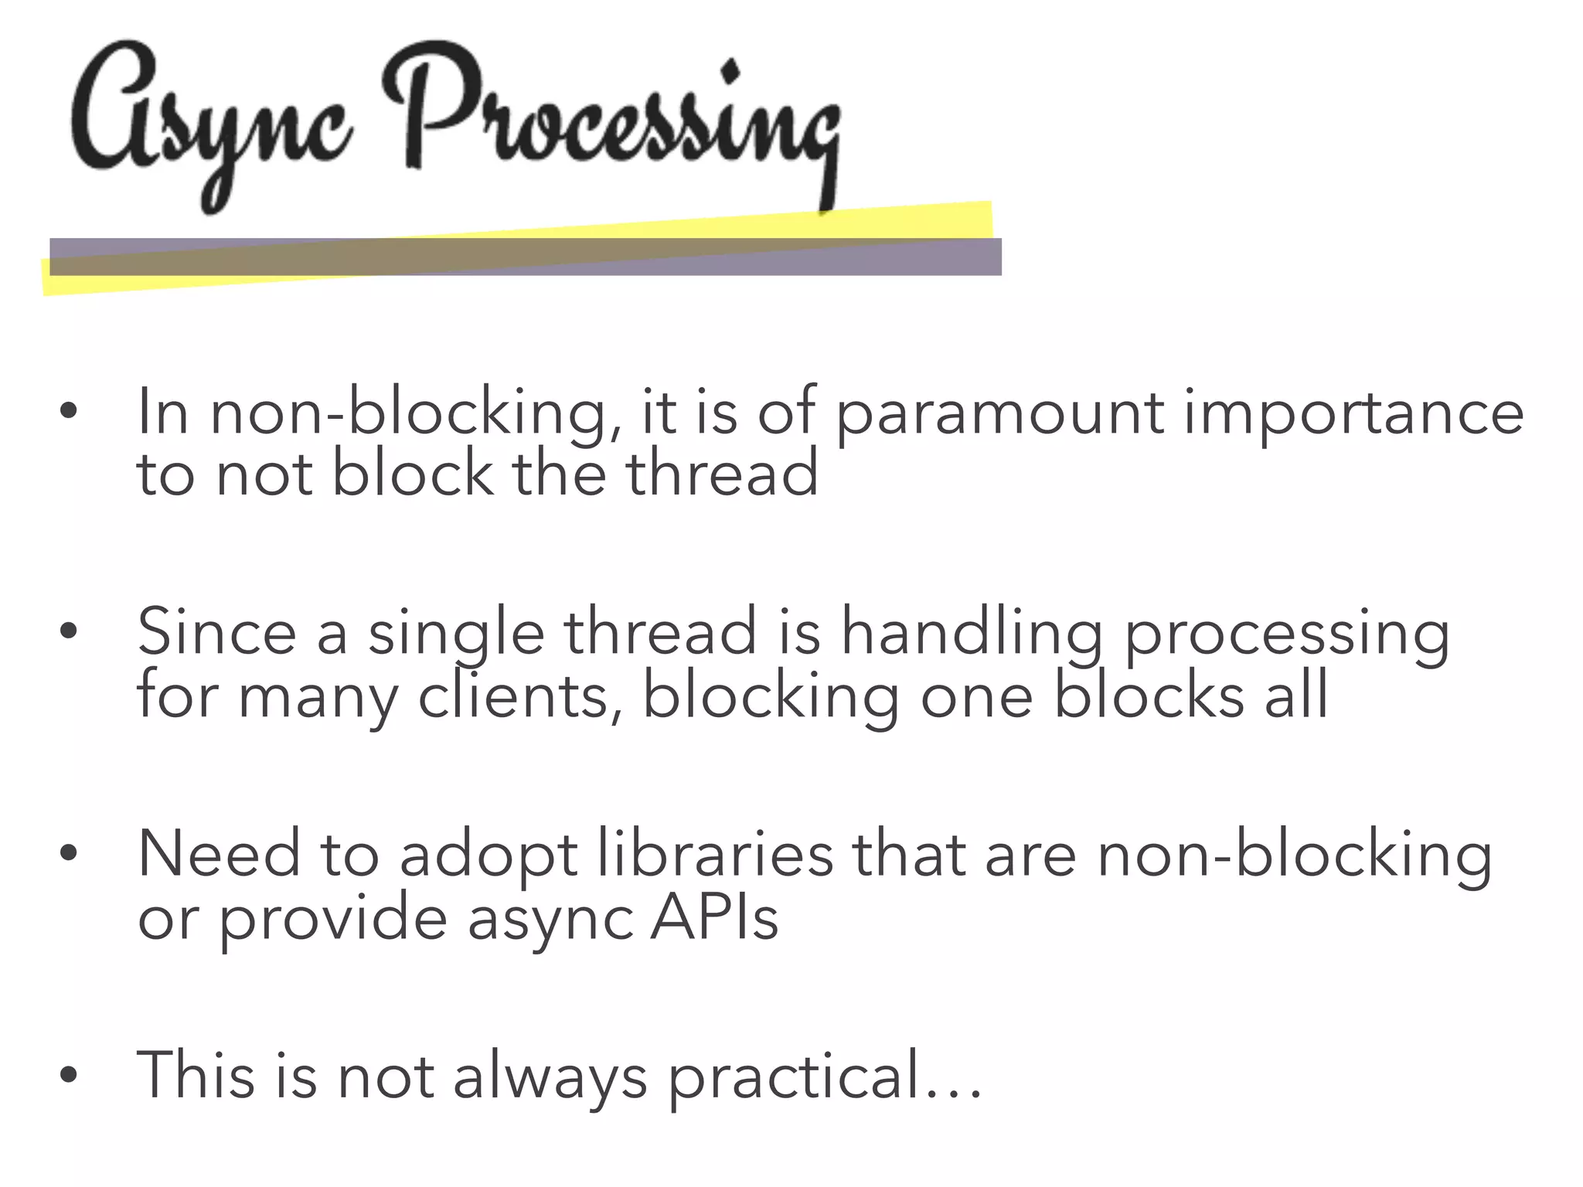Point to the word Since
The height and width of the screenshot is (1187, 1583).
[x=216, y=633]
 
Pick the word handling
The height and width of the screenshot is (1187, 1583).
[x=971, y=633]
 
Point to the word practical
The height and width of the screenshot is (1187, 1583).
[x=795, y=1077]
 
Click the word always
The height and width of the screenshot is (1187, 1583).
[x=550, y=1077]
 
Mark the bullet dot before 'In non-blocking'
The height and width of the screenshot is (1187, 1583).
[x=69, y=411]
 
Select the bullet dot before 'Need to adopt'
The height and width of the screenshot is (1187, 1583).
[x=69, y=853]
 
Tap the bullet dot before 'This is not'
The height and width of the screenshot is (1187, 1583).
[x=69, y=1074]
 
